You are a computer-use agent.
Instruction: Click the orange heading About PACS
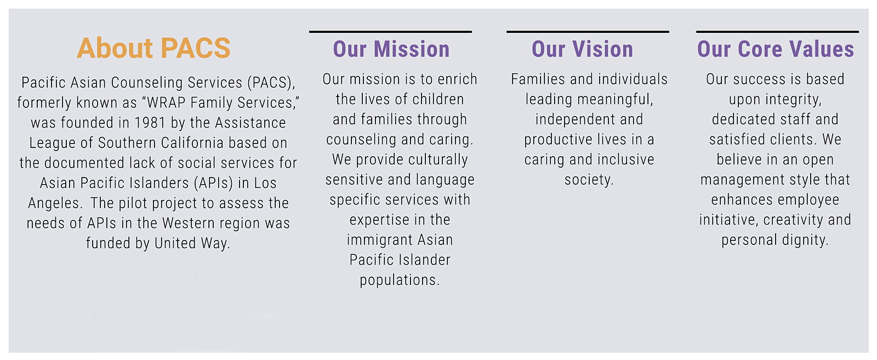coord(153,48)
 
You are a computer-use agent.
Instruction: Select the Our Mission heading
coord(391,49)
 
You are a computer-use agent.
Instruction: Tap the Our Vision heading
coord(582,49)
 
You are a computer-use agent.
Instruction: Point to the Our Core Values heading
coord(776,49)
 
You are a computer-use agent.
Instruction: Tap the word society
coord(589,180)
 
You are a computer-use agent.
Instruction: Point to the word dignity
coord(805,240)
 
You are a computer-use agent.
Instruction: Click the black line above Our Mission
coord(390,32)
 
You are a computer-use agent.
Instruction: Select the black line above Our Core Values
coord(778,32)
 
